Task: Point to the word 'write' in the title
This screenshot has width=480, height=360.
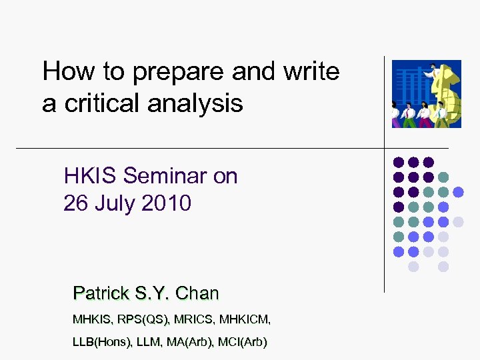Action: coord(309,71)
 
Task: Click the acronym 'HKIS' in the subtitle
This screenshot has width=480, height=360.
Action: coord(91,177)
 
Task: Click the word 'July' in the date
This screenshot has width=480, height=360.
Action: coord(116,203)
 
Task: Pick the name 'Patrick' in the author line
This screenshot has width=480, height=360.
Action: coord(100,293)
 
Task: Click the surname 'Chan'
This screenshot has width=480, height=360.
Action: coord(197,293)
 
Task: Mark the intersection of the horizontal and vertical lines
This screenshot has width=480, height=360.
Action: coord(385,147)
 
